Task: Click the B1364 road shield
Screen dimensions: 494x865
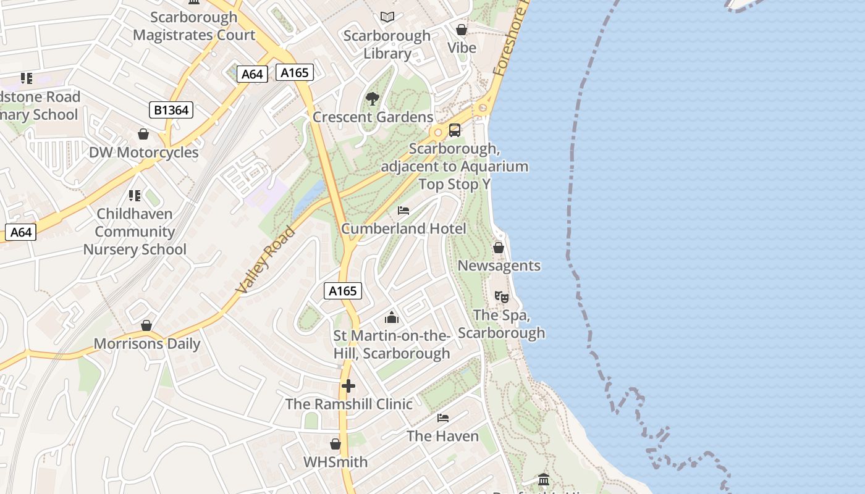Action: click(171, 111)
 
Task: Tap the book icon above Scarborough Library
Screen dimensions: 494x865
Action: click(387, 17)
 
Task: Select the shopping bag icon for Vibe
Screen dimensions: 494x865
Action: click(461, 30)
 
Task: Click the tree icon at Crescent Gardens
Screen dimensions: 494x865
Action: click(372, 98)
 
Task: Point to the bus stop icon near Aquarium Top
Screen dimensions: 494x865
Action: click(455, 130)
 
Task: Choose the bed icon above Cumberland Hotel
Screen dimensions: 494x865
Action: click(403, 211)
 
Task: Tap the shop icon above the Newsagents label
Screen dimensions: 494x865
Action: click(499, 248)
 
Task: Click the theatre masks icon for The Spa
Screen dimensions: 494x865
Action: click(502, 297)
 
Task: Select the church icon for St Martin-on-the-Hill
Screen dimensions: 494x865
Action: click(392, 317)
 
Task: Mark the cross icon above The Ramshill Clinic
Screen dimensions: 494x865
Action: click(348, 386)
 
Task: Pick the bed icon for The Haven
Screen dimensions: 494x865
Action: click(443, 418)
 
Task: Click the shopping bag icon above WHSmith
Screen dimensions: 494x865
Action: click(335, 444)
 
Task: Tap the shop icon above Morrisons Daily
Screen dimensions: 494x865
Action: click(146, 325)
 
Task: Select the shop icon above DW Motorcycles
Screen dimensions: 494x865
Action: click(143, 134)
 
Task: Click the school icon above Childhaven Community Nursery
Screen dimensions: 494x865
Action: click(135, 196)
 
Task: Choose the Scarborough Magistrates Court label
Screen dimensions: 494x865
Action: click(194, 26)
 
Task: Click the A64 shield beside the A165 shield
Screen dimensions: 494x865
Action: click(252, 74)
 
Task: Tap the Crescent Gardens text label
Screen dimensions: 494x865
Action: click(373, 117)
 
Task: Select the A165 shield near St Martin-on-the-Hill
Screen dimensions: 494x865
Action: click(342, 291)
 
